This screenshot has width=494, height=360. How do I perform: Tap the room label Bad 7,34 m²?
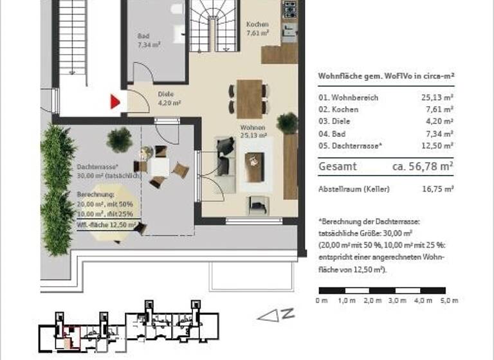(x=145, y=41)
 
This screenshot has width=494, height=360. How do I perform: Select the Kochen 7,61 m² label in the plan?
(x=257, y=28)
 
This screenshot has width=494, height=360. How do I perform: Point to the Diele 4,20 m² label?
(x=169, y=98)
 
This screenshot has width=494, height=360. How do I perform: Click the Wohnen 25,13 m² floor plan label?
(x=253, y=132)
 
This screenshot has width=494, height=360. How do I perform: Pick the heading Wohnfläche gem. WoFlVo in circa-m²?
(x=386, y=76)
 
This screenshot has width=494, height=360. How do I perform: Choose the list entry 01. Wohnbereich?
(x=348, y=98)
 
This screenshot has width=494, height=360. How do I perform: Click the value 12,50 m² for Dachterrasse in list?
(x=441, y=146)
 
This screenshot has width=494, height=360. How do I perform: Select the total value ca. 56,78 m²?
(x=423, y=166)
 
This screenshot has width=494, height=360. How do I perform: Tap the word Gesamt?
(x=338, y=166)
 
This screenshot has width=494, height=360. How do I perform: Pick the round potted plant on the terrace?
(x=120, y=139)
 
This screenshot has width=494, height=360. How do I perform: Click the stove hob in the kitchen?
(x=289, y=10)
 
